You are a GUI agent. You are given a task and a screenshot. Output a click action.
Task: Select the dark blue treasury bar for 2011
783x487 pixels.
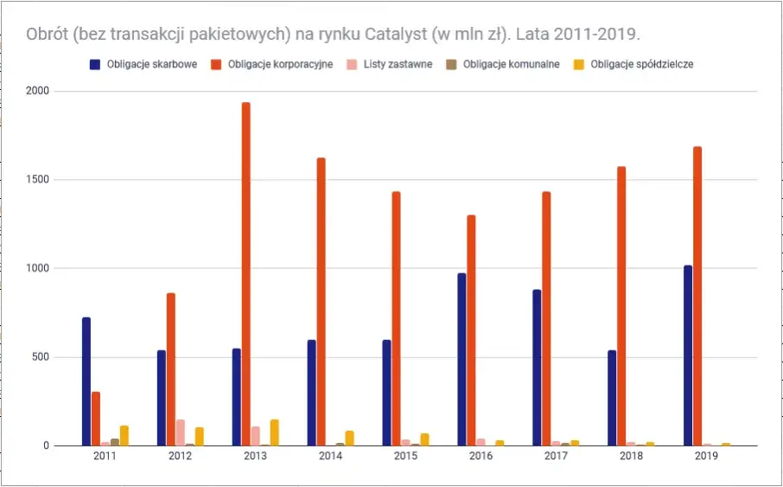point(86,381)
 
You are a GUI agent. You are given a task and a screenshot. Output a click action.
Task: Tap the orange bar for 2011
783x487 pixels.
point(96,419)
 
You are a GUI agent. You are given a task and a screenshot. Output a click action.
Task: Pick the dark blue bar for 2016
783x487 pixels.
point(462,359)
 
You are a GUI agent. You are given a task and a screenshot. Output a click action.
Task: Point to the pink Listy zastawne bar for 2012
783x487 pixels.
point(181,433)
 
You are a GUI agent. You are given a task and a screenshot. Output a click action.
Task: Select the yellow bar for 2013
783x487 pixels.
point(275,433)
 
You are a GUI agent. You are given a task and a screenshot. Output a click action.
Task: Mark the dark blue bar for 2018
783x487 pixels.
point(613,398)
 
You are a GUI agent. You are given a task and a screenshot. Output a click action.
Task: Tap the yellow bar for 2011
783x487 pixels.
point(124,436)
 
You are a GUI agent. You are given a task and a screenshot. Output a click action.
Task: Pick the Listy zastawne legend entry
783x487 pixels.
point(394,64)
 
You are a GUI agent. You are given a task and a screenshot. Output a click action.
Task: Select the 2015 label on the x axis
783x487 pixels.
point(406,457)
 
